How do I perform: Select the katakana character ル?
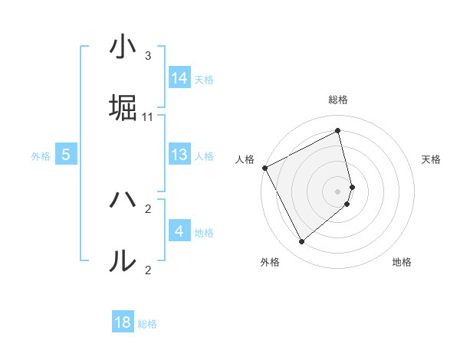123,261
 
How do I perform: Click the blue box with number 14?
179,78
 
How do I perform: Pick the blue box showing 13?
179,155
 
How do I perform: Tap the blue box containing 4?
179,231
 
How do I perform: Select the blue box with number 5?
66,155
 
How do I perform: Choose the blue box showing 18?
123,322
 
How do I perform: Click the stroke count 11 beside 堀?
148,117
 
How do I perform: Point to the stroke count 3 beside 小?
148,56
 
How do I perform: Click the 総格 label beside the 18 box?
147,324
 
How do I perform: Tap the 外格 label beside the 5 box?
41,156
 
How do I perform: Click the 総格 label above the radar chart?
338,100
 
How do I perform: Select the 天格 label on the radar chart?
431,159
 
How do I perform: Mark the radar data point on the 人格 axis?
264,168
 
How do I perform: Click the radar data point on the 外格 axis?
301,242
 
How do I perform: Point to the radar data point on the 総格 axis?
338,130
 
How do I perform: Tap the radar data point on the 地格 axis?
347,204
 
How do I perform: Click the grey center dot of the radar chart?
338,190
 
